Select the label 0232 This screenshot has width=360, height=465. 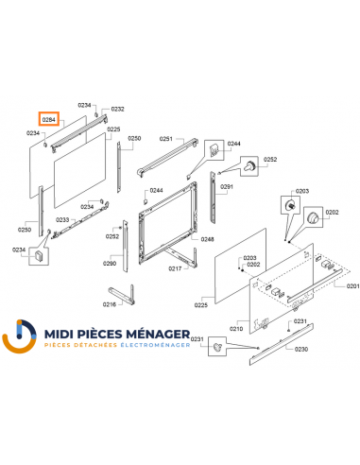point(118,110)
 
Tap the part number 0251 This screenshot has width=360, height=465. point(165,139)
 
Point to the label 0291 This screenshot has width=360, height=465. point(227,187)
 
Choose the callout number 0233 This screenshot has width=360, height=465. point(62,219)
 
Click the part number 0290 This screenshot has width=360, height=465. point(110,264)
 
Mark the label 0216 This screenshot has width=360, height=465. point(110,304)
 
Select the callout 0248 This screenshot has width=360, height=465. point(208,239)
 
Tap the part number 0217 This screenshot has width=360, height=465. point(175,269)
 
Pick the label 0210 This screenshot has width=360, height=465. point(237,328)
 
